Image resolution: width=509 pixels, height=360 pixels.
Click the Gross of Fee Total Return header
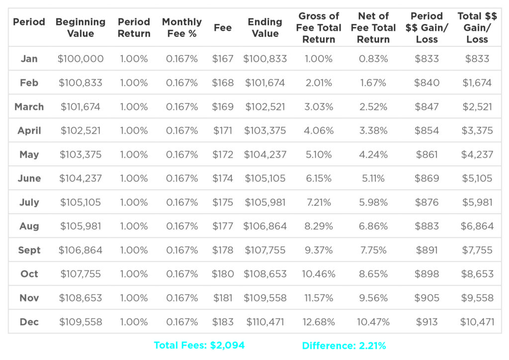[x=319, y=28]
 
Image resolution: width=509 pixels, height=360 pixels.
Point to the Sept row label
[x=29, y=250]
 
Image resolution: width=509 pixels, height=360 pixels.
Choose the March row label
[x=29, y=107]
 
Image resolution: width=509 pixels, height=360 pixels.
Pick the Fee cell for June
[x=223, y=179]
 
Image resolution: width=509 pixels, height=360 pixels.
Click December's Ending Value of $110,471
[x=265, y=322]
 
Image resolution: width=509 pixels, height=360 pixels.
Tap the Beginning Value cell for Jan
[x=81, y=59]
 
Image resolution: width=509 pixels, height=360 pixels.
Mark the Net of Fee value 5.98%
[x=373, y=202]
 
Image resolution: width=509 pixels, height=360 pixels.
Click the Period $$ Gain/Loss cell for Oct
[x=426, y=274]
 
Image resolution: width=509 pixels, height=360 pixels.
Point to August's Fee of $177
[x=223, y=226]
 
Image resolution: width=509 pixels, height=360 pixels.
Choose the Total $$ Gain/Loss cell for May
[x=477, y=155]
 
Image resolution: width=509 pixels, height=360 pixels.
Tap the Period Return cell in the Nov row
[x=134, y=298]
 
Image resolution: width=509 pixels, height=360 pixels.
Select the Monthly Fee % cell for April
[x=181, y=131]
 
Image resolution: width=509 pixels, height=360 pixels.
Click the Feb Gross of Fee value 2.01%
[x=319, y=83]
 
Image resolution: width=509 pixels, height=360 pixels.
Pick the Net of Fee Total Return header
[x=373, y=28]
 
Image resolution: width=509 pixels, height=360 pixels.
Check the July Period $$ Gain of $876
[x=426, y=202]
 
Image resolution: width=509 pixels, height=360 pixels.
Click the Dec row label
[x=29, y=322]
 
